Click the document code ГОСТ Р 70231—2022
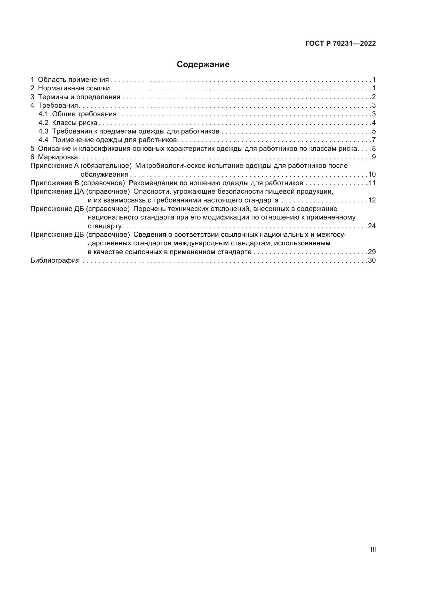341,44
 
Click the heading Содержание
203,65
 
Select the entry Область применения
73,80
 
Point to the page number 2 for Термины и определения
374,97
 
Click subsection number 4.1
43,114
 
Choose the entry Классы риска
75,123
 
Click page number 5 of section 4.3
374,131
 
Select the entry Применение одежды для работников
114,140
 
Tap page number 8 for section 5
374,149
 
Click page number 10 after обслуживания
372,174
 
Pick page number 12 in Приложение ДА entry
372,200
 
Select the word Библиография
55,261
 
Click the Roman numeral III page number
373,550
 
